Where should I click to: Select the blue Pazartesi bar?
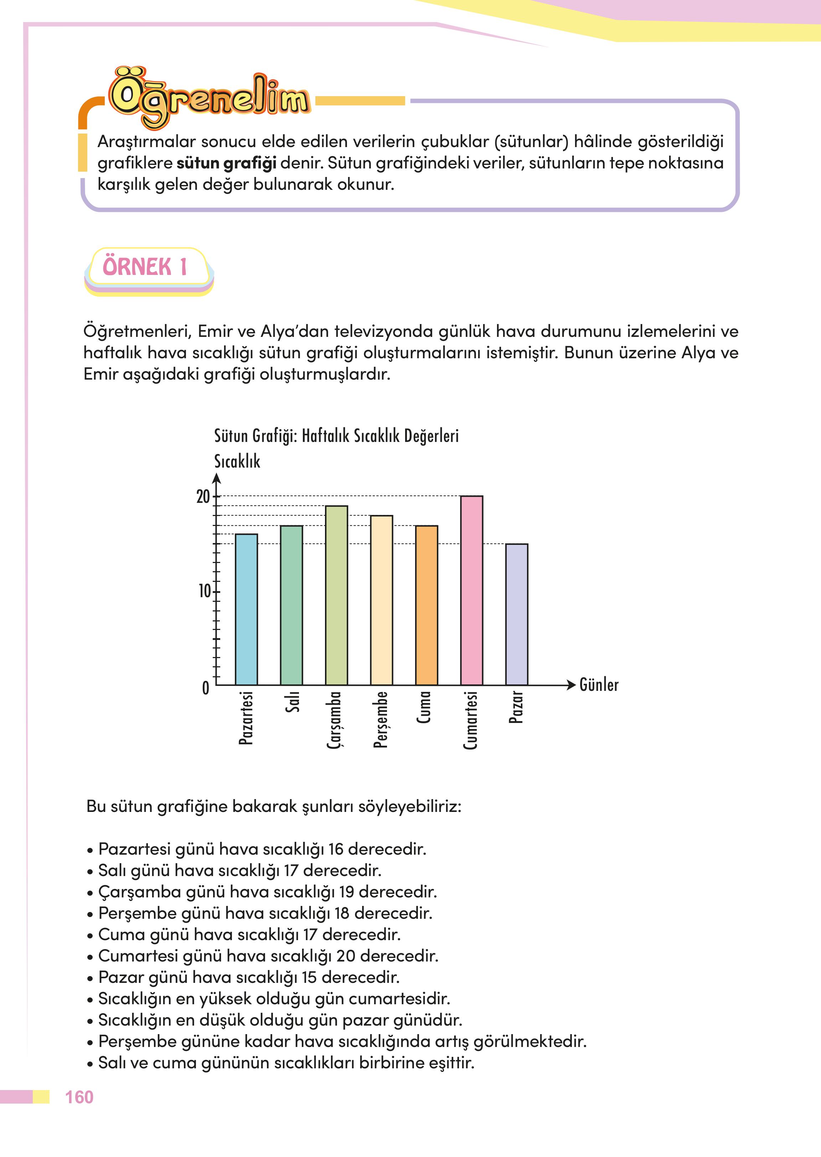tap(246, 609)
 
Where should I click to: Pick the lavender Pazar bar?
tap(516, 614)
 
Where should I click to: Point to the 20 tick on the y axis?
tap(203, 497)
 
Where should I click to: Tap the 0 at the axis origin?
tap(205, 688)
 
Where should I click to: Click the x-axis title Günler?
tap(599, 685)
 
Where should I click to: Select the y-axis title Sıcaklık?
tap(237, 461)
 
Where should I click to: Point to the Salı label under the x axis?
tap(292, 702)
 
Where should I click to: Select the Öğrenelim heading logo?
tap(209, 97)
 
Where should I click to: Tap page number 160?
tap(79, 1097)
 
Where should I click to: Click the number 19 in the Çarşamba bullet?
tap(346, 892)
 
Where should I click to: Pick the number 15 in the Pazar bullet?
tap(309, 977)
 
